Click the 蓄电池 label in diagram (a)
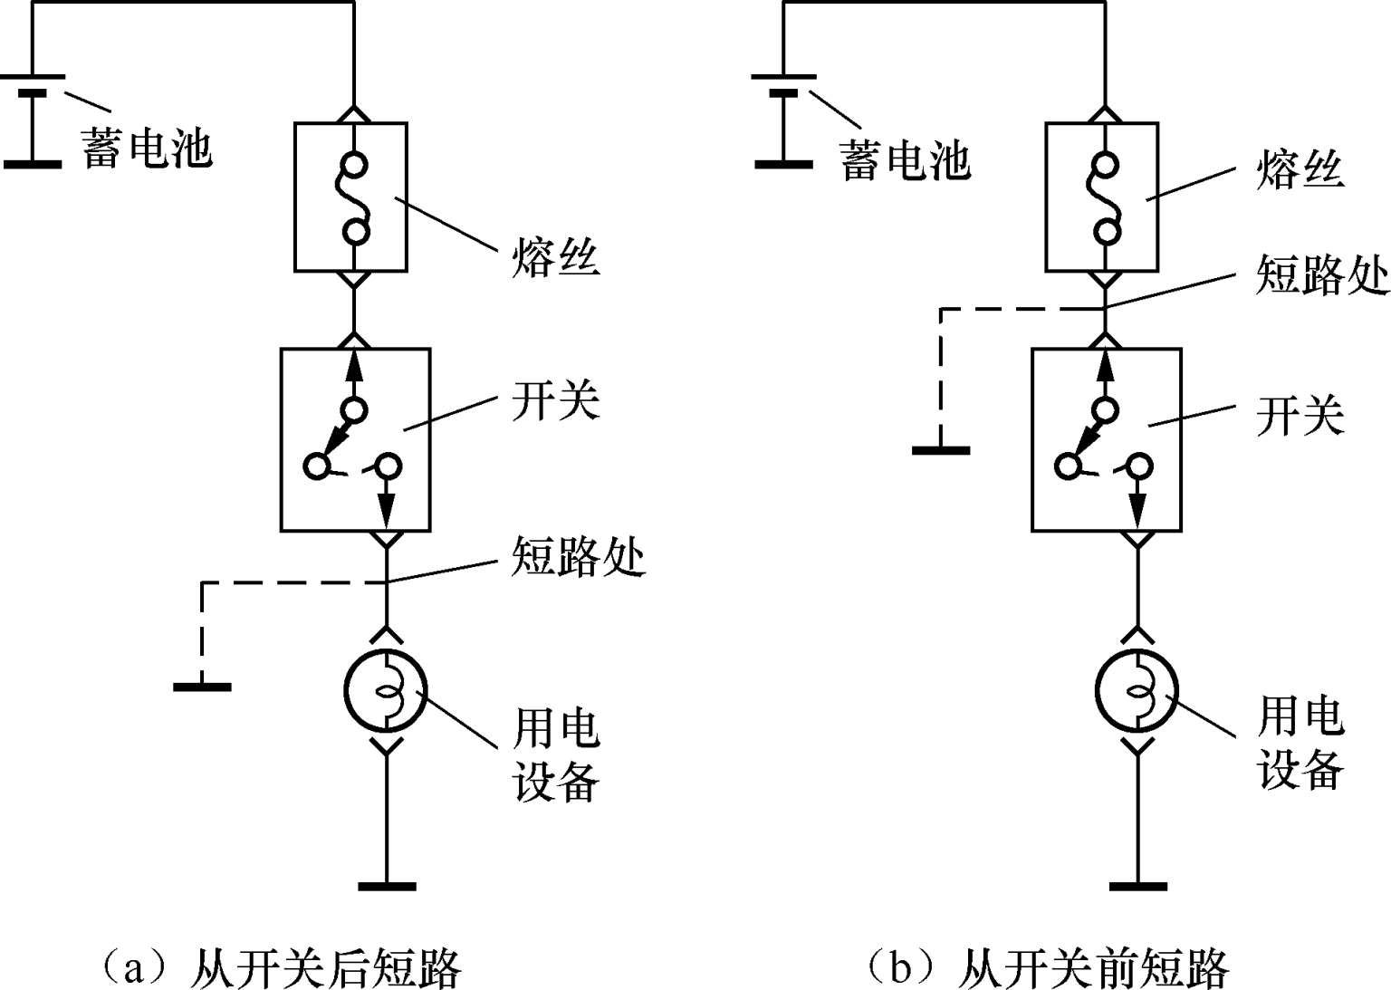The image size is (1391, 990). pos(148,148)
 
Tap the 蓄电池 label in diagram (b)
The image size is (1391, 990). pos(905,160)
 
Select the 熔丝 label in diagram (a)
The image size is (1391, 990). pos(555,255)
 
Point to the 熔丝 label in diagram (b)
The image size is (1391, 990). pos(1300,168)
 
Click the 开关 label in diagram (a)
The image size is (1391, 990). pos(555,400)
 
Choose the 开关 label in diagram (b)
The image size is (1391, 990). pos(1300,416)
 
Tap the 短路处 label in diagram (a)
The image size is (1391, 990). pos(578,555)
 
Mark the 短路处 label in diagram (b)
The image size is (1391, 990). pos(1322,274)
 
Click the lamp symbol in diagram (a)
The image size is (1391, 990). pos(386,692)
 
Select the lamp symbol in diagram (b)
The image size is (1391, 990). pos(1137,692)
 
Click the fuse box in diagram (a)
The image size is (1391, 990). pos(350,197)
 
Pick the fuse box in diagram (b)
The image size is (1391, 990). pos(1101,197)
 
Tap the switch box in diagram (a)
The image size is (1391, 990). pos(355,439)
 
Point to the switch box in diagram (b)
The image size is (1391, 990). pos(1107,439)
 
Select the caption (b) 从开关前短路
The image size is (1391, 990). pos(1046,967)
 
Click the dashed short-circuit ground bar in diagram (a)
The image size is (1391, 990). pos(202,687)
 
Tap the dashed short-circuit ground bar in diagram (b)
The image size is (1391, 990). pos(941,449)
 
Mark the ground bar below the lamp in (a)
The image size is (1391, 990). pos(387,885)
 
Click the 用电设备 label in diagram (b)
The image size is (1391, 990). pos(1300,743)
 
